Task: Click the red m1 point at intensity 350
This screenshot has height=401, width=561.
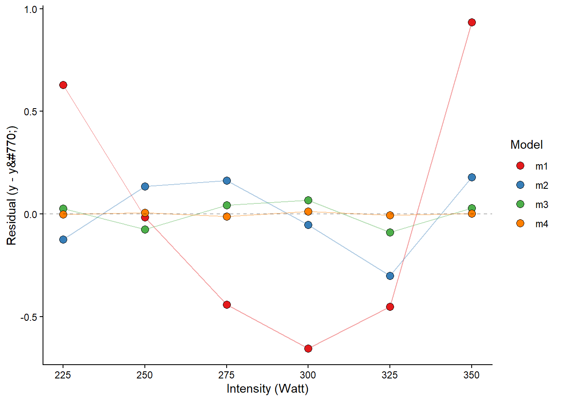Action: (472, 23)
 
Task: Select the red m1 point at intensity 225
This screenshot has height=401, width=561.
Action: (63, 85)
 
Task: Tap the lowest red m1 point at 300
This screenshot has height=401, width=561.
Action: (308, 348)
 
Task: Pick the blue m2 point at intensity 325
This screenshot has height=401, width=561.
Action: (390, 276)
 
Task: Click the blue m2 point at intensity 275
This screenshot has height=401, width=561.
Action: (227, 181)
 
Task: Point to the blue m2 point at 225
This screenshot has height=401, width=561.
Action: (63, 239)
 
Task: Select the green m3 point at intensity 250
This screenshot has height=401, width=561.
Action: (145, 229)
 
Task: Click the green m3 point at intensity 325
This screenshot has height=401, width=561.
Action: (390, 232)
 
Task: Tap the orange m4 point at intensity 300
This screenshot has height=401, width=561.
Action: (308, 212)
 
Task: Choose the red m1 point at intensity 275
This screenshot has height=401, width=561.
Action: (227, 305)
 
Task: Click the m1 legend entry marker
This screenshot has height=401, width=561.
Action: (520, 166)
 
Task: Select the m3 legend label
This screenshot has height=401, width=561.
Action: (541, 205)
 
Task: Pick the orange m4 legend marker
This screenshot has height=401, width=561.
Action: (520, 223)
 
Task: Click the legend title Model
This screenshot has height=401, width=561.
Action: (526, 145)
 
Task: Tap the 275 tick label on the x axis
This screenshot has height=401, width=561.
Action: (227, 375)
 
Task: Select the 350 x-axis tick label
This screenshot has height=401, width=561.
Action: (472, 375)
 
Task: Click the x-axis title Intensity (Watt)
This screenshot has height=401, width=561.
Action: (267, 389)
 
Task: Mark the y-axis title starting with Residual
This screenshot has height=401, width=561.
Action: (12, 185)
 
